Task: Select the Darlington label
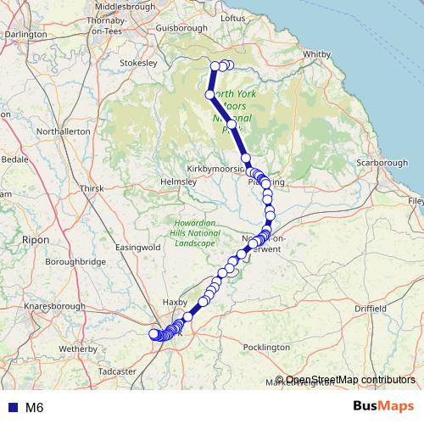(24, 34)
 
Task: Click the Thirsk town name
(90, 187)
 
